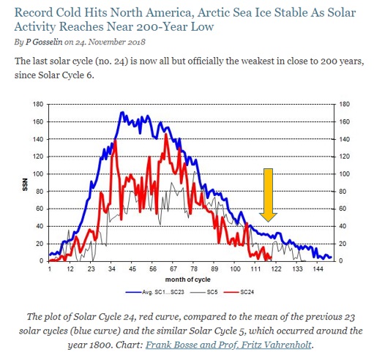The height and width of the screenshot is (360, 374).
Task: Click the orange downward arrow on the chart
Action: point(268,195)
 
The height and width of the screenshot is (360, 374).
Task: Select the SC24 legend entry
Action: point(239,292)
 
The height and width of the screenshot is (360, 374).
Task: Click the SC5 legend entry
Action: point(203,292)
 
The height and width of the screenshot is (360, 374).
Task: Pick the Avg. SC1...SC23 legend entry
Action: point(155,292)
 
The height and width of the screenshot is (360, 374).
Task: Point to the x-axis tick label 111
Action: point(255,269)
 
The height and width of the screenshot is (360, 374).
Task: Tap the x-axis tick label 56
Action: point(153,269)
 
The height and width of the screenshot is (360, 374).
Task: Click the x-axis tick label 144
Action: point(318,269)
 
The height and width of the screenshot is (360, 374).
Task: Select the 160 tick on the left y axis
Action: point(38,121)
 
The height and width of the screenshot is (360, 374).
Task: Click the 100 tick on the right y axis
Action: point(345,174)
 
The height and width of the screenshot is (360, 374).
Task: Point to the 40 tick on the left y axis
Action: point(40,226)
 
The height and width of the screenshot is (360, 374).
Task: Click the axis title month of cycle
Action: point(187,280)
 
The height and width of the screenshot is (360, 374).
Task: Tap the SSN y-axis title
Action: point(25,184)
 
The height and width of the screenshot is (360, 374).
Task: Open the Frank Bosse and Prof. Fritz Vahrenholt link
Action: point(228,345)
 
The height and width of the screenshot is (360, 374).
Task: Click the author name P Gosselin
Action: point(44,42)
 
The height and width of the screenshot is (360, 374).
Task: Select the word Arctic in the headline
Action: point(213,12)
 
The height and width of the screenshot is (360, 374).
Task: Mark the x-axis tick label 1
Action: point(50,269)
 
